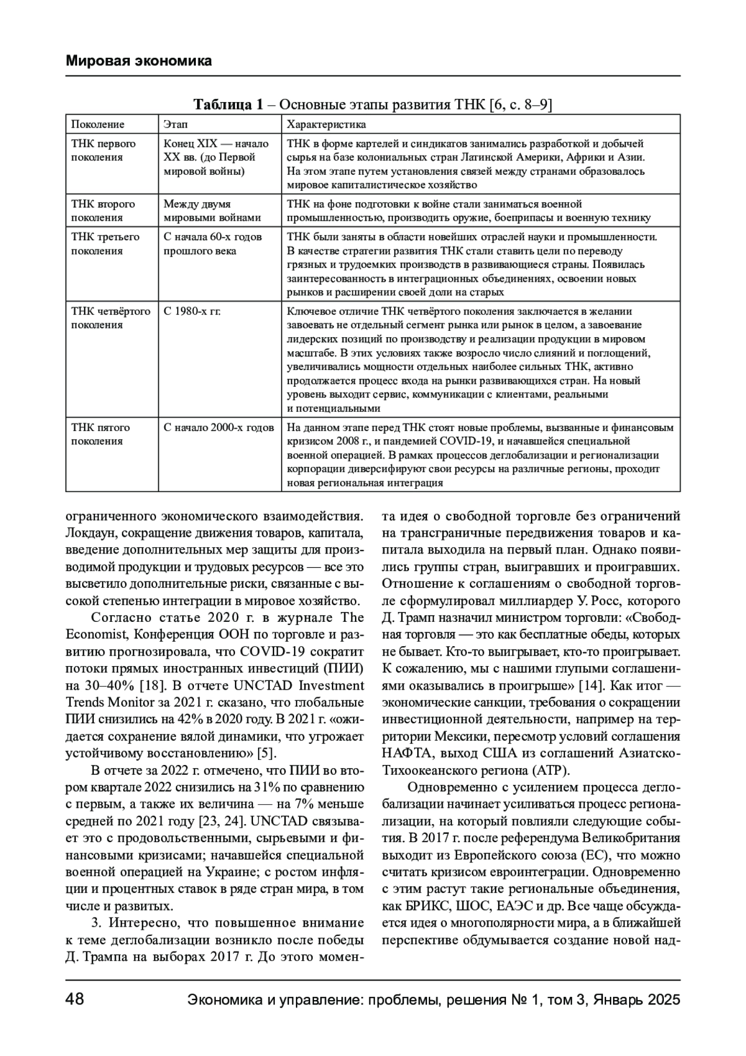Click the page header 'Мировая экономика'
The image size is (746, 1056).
[x=139, y=61]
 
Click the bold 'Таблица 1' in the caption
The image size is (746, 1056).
[x=228, y=104]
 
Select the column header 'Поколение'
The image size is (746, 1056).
[x=98, y=125]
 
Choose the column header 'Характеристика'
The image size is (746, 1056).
[x=326, y=125]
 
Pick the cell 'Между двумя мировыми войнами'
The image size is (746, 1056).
[x=212, y=211]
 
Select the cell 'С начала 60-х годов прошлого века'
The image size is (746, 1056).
[x=212, y=244]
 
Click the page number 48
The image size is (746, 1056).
[x=75, y=1000]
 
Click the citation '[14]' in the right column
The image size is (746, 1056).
[x=589, y=686]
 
